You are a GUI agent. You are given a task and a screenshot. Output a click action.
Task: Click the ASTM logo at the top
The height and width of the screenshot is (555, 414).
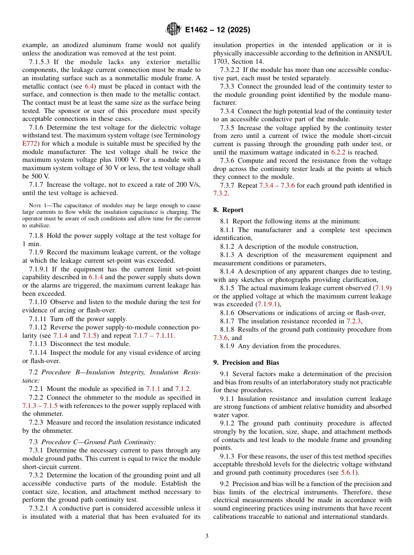tap(173, 30)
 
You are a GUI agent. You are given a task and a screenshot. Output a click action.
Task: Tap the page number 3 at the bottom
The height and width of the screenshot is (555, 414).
tap(207, 536)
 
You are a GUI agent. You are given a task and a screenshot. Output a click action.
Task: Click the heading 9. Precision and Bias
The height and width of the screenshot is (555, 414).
tap(246, 362)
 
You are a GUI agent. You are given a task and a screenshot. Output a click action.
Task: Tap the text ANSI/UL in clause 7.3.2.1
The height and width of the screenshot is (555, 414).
tap(380, 53)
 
